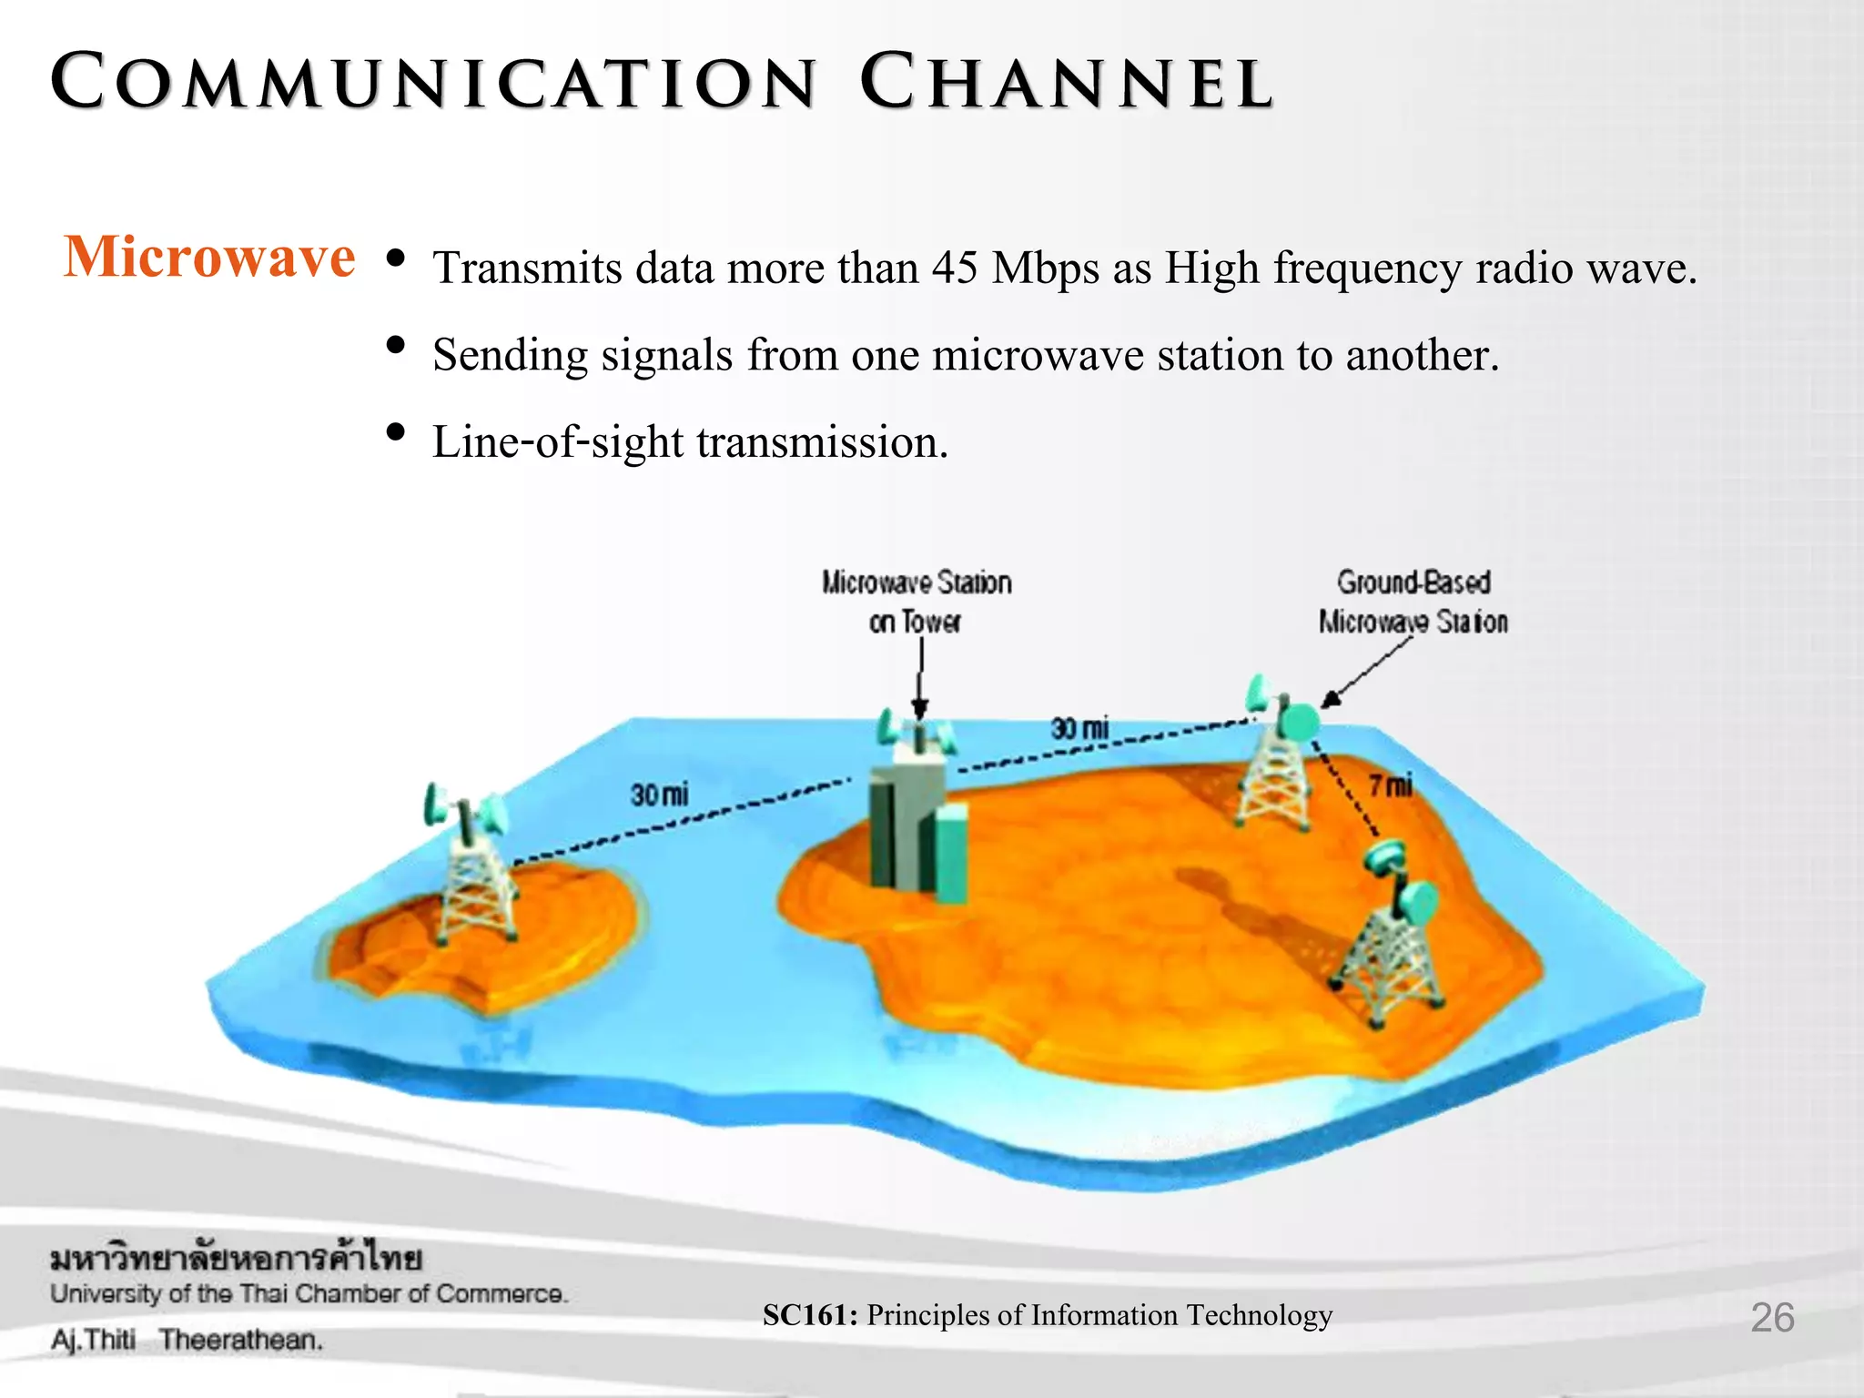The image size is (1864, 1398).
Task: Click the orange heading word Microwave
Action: click(209, 258)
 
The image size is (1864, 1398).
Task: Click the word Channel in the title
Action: click(1066, 83)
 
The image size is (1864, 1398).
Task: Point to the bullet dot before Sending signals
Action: click(395, 345)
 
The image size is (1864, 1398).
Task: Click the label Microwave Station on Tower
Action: click(916, 601)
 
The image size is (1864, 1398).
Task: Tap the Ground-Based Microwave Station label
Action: click(1413, 601)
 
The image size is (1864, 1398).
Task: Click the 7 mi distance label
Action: click(1391, 785)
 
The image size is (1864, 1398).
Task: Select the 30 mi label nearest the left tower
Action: click(659, 795)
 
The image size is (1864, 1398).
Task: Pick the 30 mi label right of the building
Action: click(1079, 728)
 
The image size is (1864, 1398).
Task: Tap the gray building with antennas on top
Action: click(915, 819)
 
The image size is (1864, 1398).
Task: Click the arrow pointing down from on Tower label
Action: click(920, 678)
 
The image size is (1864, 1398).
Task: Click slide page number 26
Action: click(1771, 1317)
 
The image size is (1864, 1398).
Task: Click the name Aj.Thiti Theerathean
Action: click(187, 1340)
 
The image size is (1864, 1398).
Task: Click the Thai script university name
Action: click(236, 1259)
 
